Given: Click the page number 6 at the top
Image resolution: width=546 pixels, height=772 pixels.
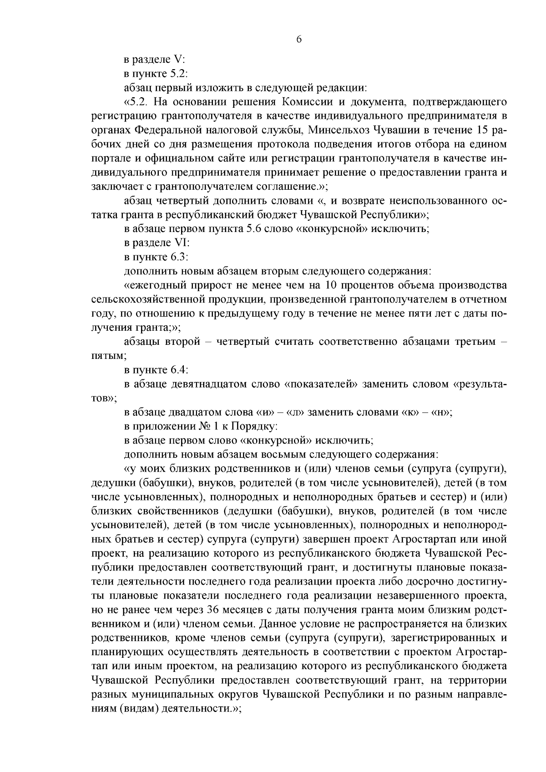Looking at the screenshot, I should coord(299,40).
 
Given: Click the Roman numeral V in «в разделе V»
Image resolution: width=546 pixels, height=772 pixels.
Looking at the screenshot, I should coord(179,60).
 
